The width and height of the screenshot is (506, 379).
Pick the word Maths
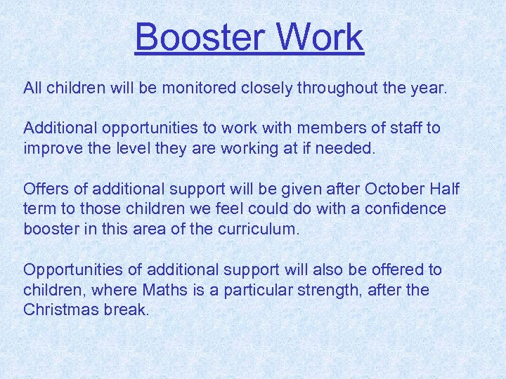(166, 290)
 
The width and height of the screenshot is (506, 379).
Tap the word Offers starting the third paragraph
(44, 189)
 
